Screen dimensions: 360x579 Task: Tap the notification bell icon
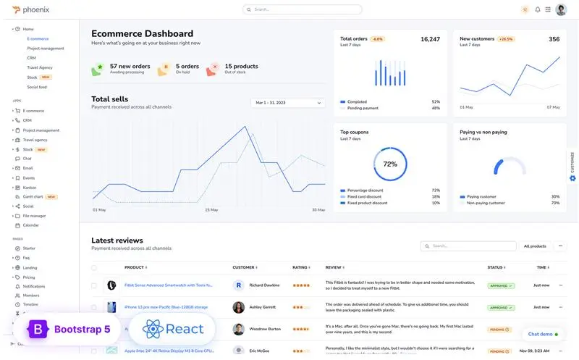[x=538, y=9]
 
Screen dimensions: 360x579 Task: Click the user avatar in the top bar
[x=561, y=9]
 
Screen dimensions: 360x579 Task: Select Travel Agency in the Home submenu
[x=40, y=67]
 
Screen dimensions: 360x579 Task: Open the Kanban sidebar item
[x=30, y=187]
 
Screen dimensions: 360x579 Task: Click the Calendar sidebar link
[x=31, y=225]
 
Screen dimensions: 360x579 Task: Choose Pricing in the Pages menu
[x=29, y=277]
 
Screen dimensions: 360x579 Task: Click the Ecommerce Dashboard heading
[x=142, y=33]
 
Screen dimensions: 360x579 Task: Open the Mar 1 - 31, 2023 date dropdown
[x=288, y=103]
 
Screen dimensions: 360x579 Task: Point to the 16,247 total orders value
[x=430, y=39]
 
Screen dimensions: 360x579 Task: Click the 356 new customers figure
[x=554, y=39]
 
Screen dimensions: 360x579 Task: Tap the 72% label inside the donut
[x=390, y=164]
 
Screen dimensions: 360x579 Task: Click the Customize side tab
[x=572, y=167]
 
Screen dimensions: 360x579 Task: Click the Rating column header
[x=300, y=267]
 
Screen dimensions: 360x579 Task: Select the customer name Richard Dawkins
[x=264, y=285]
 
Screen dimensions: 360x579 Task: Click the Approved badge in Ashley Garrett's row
[x=501, y=307]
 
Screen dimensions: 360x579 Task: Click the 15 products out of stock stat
[x=240, y=69]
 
